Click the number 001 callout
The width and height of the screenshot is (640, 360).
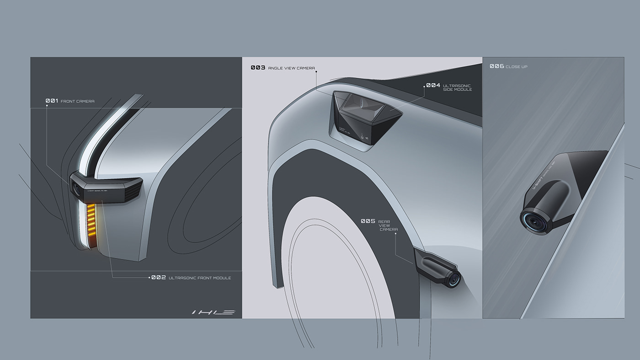52,101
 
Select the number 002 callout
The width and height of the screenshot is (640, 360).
159,277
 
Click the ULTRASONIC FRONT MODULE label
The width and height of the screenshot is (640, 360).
200,278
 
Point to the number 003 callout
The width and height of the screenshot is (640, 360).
258,68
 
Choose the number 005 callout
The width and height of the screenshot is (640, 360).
368,221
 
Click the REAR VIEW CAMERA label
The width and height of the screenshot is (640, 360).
388,225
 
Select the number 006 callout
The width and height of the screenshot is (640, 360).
496,66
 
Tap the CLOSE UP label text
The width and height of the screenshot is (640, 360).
517,67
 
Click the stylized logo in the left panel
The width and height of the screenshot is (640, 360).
213,312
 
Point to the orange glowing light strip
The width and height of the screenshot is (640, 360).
91,220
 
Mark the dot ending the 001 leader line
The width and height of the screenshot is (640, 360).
47,106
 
